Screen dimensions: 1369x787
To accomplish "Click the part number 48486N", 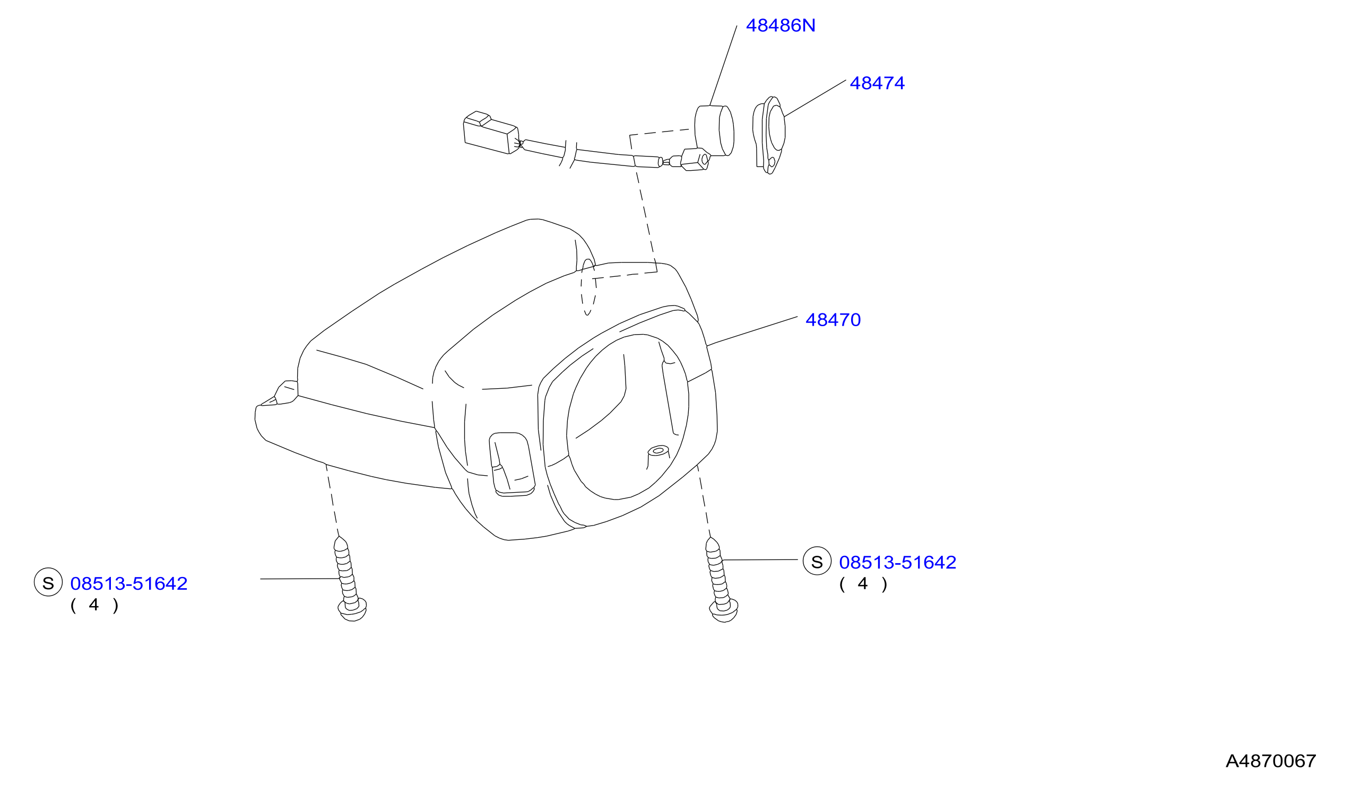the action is pyautogui.click(x=780, y=26).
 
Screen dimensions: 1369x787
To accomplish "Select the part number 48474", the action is pyautogui.click(x=877, y=83).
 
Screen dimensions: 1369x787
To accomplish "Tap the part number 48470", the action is pyautogui.click(x=833, y=320).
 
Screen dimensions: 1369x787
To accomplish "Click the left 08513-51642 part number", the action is pyautogui.click(x=129, y=584).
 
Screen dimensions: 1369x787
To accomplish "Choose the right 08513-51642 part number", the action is pyautogui.click(x=897, y=563).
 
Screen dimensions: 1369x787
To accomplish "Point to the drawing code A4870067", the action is pyautogui.click(x=1271, y=761).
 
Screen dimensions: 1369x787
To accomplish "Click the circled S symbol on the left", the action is pyautogui.click(x=48, y=582).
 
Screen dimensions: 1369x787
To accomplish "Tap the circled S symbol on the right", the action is pyautogui.click(x=817, y=561).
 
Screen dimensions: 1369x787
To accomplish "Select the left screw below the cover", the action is pyautogui.click(x=349, y=579).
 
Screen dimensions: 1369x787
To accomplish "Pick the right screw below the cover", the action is pyautogui.click(x=721, y=580).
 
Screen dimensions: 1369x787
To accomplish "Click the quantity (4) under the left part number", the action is pyautogui.click(x=94, y=605).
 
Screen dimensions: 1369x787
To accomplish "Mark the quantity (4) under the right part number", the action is pyautogui.click(x=863, y=584).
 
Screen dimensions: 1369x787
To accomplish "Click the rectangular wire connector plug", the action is pyautogui.click(x=491, y=133).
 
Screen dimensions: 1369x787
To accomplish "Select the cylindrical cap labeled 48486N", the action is pyautogui.click(x=714, y=131).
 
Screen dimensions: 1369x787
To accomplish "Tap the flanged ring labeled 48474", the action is pyautogui.click(x=769, y=135).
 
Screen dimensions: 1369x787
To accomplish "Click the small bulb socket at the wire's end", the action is pyautogui.click(x=695, y=160).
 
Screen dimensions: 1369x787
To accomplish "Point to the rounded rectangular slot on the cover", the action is pyautogui.click(x=512, y=465).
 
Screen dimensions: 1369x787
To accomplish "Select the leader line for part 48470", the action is pyautogui.click(x=752, y=331).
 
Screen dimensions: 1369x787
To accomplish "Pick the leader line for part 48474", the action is pyautogui.click(x=815, y=99).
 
